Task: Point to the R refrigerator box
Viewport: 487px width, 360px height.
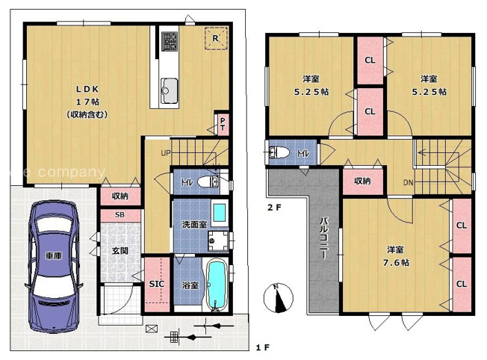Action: pos(214,38)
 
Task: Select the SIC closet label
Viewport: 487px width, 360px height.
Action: pos(157,285)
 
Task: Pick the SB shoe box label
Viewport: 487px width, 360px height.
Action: pos(119,214)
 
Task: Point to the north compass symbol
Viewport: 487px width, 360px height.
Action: pos(277,298)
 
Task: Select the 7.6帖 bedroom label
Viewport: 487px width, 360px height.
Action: pos(397,255)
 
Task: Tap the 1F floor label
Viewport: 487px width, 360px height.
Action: pos(261,348)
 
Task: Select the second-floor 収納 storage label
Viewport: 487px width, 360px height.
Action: pos(363,180)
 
